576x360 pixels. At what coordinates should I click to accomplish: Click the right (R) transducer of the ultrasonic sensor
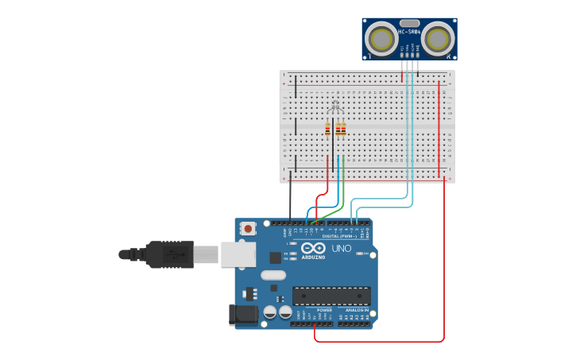click(437, 38)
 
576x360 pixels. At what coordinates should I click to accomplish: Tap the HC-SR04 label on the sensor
click(409, 32)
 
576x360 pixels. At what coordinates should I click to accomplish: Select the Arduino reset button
click(248, 229)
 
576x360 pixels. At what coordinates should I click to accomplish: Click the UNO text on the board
click(341, 249)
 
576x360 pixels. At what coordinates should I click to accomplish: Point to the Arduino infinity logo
click(313, 248)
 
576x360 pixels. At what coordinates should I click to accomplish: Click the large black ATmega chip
click(331, 296)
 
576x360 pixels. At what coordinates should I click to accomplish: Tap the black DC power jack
click(243, 315)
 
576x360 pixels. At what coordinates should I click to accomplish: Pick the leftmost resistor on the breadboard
click(327, 130)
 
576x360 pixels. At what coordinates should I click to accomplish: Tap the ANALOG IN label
click(355, 310)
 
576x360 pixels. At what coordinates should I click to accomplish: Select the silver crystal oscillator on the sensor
click(409, 24)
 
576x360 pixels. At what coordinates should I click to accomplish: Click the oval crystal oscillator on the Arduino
click(273, 276)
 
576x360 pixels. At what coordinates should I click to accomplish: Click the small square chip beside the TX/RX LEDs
click(275, 257)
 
